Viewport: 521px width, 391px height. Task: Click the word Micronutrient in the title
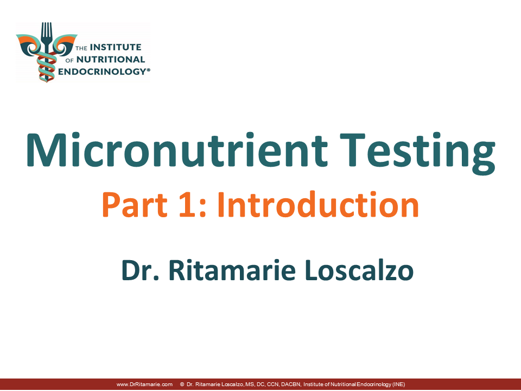pos(177,150)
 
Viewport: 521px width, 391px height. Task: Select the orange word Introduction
pos(318,205)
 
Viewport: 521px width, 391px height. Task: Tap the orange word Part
pos(135,205)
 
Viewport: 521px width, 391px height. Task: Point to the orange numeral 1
pos(187,205)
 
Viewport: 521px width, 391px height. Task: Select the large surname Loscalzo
pos(359,270)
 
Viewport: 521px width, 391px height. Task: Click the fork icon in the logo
pos(47,38)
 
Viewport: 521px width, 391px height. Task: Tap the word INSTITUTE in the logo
pos(116,47)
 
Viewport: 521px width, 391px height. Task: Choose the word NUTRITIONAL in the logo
pos(111,60)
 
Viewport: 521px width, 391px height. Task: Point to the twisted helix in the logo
pos(47,66)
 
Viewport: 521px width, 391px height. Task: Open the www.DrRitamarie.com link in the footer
pos(144,384)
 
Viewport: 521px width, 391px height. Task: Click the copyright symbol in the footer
pos(182,384)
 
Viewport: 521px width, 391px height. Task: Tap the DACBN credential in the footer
pos(291,384)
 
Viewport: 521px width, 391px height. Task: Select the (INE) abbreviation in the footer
pos(399,384)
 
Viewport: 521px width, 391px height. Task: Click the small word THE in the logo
pos(81,48)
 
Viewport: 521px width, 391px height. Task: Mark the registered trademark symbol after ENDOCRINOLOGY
pos(149,70)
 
